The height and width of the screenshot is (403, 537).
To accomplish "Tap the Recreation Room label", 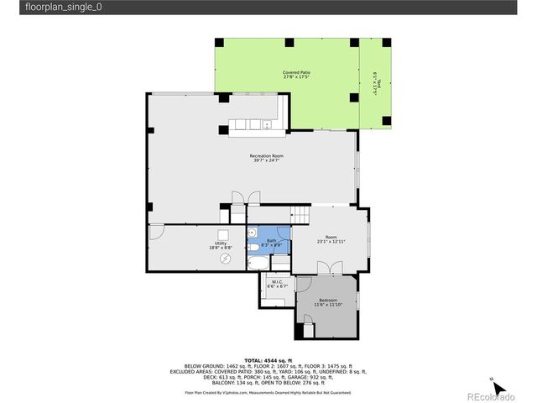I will click(266, 158).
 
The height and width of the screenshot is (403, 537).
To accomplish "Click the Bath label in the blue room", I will click(271, 243).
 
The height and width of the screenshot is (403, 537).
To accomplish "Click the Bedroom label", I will click(326, 301).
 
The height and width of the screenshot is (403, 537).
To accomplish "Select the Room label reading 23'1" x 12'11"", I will click(331, 239).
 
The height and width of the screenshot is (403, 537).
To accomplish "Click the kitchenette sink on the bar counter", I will click(267, 126).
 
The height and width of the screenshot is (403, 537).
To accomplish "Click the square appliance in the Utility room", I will click(224, 236).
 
